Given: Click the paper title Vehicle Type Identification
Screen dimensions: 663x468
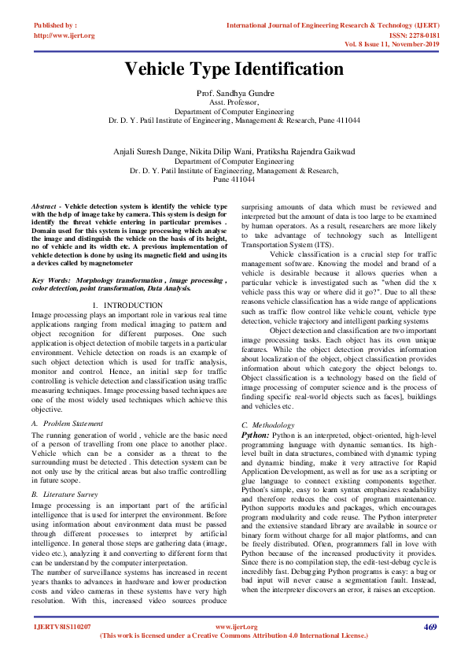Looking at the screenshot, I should [x=234, y=69].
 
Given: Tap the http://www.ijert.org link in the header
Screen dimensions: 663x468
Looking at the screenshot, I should [x=64, y=35].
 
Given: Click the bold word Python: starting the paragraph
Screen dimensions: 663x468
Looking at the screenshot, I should [x=256, y=434].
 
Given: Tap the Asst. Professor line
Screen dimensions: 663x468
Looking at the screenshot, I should [x=234, y=103].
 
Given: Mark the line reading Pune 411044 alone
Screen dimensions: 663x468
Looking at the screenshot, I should [x=234, y=180].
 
